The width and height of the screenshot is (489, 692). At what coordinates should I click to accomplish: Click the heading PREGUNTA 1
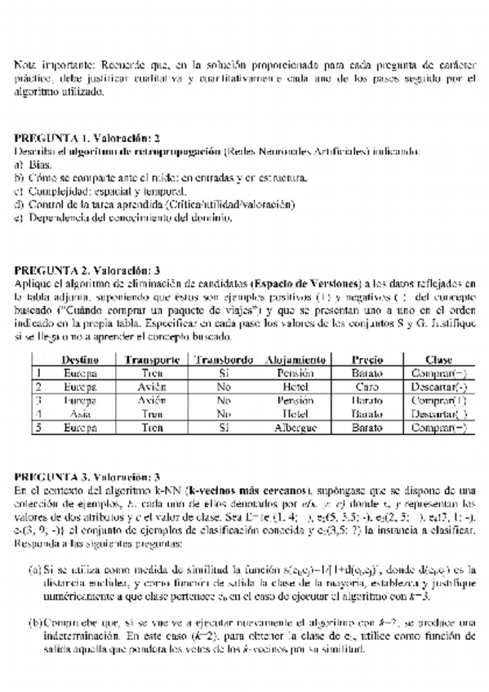48,138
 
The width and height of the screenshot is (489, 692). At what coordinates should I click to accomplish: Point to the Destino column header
80,360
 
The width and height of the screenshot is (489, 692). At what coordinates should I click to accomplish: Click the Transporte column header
152,360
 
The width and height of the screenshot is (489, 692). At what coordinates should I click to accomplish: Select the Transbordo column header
224,360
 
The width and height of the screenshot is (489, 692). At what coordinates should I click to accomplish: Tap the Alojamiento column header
296,360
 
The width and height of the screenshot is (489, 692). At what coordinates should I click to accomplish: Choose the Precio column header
367,360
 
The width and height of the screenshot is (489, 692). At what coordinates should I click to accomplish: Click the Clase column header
438,360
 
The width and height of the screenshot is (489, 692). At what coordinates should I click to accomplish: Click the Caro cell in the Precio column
367,387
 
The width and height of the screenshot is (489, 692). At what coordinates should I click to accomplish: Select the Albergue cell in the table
296,428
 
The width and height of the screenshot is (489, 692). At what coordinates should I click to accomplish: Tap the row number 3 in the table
38,401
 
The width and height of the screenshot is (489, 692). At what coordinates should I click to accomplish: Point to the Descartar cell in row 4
438,415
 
